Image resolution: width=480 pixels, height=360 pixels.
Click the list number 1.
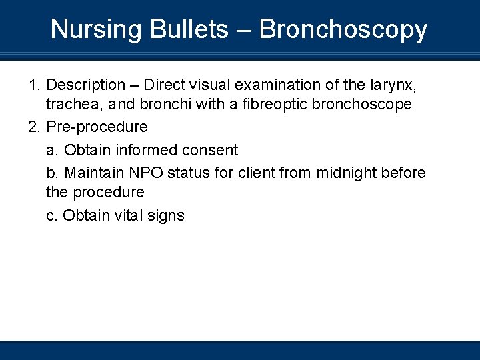(34, 85)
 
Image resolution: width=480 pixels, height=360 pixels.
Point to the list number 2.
(34, 127)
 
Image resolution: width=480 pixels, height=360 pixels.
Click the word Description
(86, 85)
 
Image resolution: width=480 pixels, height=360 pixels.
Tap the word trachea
(71, 105)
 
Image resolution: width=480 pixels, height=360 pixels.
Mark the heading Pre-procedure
(97, 127)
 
